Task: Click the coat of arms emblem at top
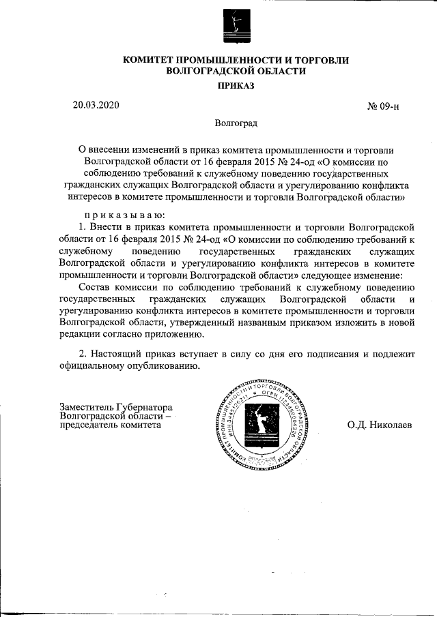point(235,26)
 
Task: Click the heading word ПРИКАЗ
point(235,86)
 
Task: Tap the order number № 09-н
point(383,107)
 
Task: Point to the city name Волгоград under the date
point(235,125)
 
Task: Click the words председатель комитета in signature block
point(111,424)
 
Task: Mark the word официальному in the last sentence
point(92,366)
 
